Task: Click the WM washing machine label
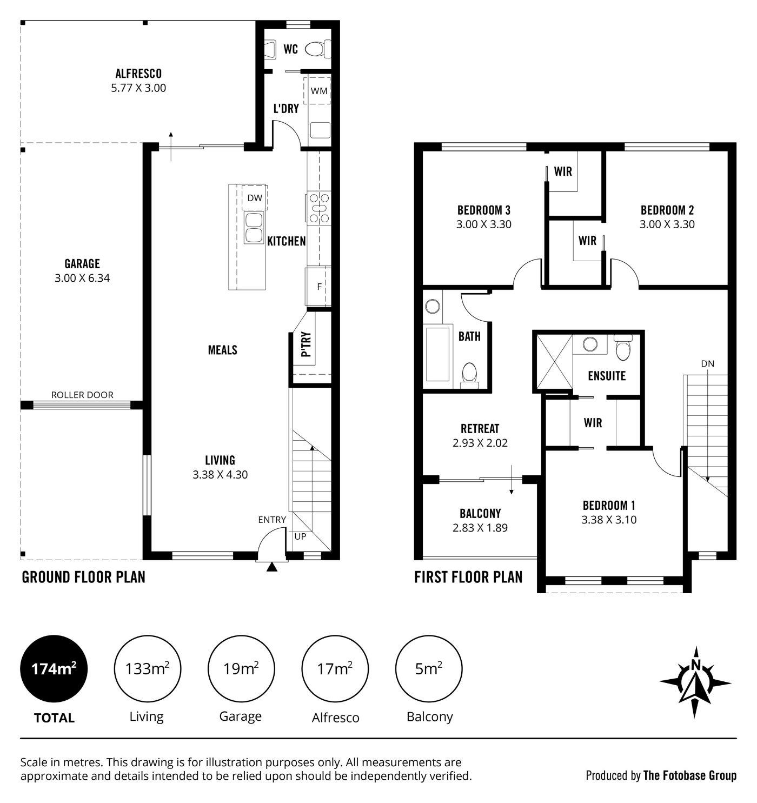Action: pyautogui.click(x=318, y=91)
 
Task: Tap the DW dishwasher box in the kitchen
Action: pyautogui.click(x=254, y=197)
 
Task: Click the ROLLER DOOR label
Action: pyautogui.click(x=82, y=395)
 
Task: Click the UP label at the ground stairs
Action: pyautogui.click(x=300, y=536)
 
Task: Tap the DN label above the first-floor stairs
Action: pyautogui.click(x=708, y=364)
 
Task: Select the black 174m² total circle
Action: pyautogui.click(x=54, y=669)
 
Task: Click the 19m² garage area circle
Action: pyautogui.click(x=241, y=669)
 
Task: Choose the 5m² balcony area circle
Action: pyautogui.click(x=429, y=669)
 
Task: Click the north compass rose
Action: pyautogui.click(x=695, y=682)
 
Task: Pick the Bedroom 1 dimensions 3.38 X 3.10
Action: pyautogui.click(x=609, y=520)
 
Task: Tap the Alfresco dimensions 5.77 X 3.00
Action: pyautogui.click(x=139, y=88)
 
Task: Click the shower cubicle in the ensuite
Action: pyautogui.click(x=554, y=361)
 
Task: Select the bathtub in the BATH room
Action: pyautogui.click(x=437, y=354)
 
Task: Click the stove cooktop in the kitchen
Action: pyautogui.click(x=319, y=208)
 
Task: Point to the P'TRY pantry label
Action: pyautogui.click(x=307, y=344)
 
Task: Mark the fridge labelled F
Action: pyautogui.click(x=318, y=286)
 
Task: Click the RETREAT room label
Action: pyautogui.click(x=480, y=429)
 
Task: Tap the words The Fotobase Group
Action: pyautogui.click(x=690, y=775)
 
